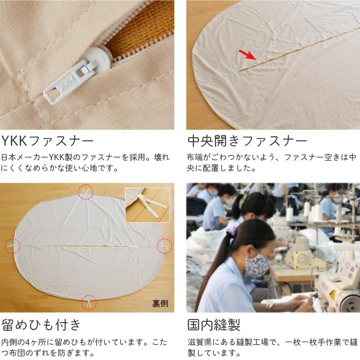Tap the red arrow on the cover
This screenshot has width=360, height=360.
click(x=247, y=54)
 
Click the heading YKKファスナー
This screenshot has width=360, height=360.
click(x=47, y=141)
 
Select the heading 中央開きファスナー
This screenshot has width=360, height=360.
click(x=247, y=141)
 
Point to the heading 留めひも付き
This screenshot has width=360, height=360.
click(x=41, y=325)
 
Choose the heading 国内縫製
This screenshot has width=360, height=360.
click(x=214, y=325)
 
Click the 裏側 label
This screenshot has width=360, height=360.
click(x=160, y=303)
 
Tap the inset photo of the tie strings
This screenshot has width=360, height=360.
click(x=148, y=205)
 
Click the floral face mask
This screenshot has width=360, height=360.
click(x=257, y=265)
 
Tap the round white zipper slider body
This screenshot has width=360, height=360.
click(x=98, y=58)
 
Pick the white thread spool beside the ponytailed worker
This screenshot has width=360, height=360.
click(x=289, y=214)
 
